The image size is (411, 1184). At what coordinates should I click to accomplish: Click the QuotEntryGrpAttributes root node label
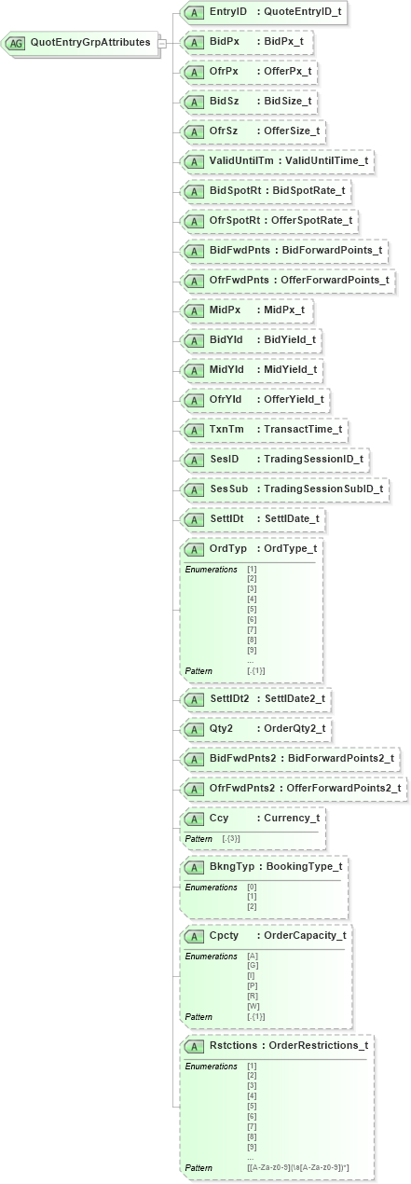coord(89,42)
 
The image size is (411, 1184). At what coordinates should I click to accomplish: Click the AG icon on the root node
coord(16,43)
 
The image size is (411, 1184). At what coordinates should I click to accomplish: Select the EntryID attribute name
coord(228,12)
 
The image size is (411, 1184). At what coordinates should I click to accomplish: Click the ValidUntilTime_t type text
coord(326,161)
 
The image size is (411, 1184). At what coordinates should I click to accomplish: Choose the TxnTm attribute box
coord(265,429)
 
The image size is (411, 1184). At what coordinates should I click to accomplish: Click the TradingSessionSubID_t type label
coord(322,489)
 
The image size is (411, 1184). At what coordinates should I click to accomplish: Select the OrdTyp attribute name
coord(228,548)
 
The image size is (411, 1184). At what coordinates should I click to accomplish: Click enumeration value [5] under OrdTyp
coord(252,610)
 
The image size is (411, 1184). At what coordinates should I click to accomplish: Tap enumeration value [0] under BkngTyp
coord(252,887)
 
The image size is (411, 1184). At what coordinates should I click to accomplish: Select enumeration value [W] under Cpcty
coord(252,1007)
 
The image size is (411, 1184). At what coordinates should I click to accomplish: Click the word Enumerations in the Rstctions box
coord(211,1066)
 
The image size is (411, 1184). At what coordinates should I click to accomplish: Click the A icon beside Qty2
coord(194,728)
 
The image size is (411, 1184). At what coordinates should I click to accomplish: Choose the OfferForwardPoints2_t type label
coord(342,788)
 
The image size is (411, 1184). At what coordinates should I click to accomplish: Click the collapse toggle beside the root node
coord(161,43)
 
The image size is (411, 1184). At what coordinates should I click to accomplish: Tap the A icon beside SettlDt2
coord(194,698)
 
